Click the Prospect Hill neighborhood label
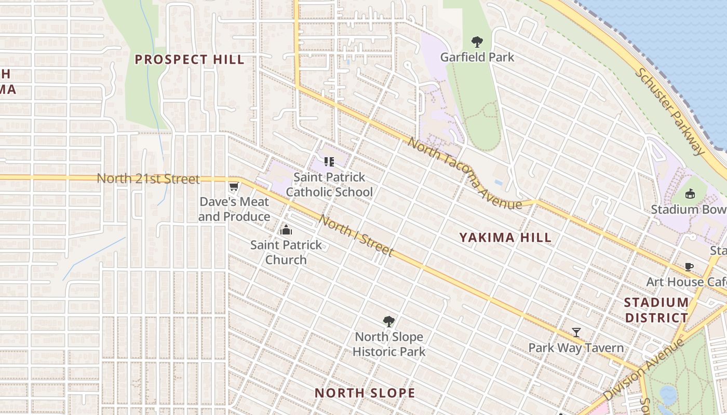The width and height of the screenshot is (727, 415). pos(190,60)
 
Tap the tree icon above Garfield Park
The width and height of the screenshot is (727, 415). pos(477,42)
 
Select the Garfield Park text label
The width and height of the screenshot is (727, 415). pos(477,57)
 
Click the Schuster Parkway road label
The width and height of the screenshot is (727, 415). pos(670,111)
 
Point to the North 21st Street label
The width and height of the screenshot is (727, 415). pos(148,179)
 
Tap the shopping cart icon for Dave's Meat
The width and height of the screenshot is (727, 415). pos(234,187)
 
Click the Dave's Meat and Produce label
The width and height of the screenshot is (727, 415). pos(234,209)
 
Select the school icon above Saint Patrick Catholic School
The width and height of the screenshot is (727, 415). pos(329,162)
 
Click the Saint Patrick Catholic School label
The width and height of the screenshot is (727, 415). pos(329,185)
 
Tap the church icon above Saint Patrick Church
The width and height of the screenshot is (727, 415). pos(286,230)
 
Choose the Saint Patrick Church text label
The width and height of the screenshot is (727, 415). pos(286,252)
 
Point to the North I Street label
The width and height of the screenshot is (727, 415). pos(356,236)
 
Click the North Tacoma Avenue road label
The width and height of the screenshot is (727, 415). pos(464,173)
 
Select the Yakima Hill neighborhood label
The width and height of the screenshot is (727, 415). pos(505,238)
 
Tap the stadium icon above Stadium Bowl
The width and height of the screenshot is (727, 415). pos(690,194)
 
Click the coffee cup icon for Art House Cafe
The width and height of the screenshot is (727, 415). pos(689,267)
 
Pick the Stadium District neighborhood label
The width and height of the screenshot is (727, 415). pos(656,310)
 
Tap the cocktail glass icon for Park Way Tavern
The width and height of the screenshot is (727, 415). pos(576,332)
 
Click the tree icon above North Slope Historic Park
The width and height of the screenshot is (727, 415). pos(388,322)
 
